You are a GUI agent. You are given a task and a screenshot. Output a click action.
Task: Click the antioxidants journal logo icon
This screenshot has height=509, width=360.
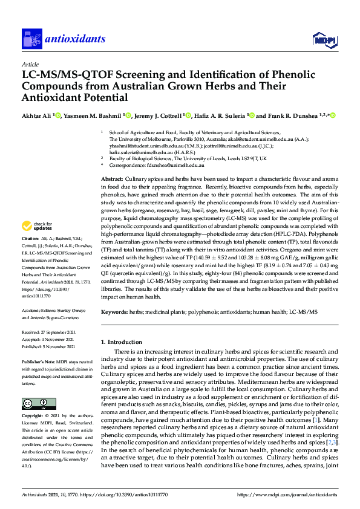(30, 39)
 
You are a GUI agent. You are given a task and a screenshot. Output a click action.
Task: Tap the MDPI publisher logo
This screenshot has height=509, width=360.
(324, 40)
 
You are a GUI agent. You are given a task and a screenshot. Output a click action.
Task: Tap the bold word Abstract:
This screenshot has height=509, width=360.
(111, 180)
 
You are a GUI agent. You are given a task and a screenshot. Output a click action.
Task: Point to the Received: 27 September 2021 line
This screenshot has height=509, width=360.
(50, 332)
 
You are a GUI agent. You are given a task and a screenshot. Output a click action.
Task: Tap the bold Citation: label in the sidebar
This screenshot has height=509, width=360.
(30, 256)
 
